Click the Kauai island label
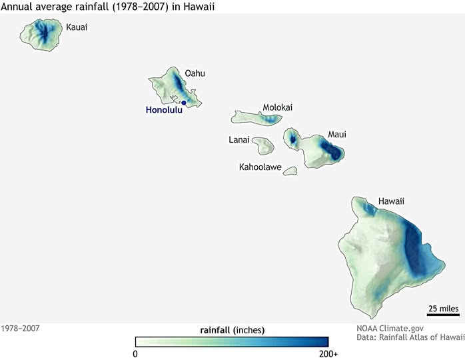(77, 28)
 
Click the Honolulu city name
(163, 111)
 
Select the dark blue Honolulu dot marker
(184, 103)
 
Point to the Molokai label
(277, 107)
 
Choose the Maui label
(336, 135)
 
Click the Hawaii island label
(391, 201)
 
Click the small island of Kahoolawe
(290, 171)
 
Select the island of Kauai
(41, 34)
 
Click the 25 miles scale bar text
(442, 308)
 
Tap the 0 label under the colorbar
(135, 354)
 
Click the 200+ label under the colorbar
(328, 354)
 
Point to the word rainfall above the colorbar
(215, 329)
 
